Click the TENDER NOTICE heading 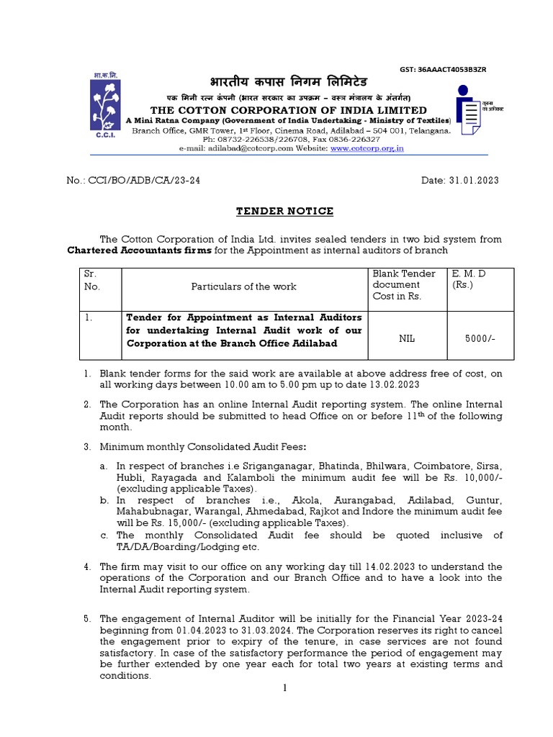click(286, 211)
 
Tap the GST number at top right click(443, 69)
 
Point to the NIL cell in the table click(407, 335)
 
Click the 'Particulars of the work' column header click(243, 286)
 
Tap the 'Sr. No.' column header click(93, 280)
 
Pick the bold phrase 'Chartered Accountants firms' click(135, 250)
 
